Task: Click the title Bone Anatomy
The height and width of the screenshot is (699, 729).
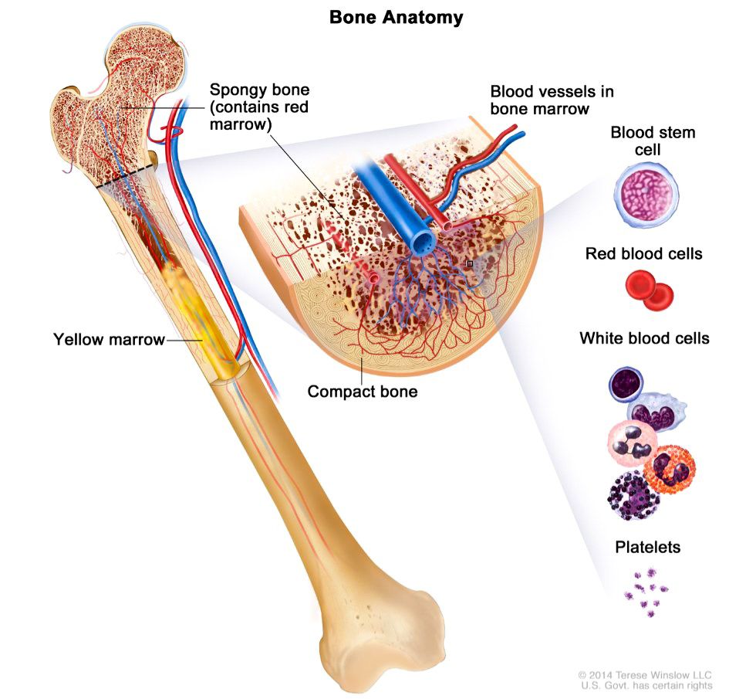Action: (x=396, y=17)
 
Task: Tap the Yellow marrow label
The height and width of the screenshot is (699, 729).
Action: (x=109, y=339)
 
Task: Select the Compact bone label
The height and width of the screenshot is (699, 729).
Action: (x=362, y=392)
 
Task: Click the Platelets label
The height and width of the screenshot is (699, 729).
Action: (x=648, y=547)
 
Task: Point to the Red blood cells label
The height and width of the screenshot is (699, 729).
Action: (x=643, y=253)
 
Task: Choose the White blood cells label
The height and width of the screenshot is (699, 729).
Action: (x=644, y=338)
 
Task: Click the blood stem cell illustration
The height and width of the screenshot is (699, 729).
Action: (x=646, y=195)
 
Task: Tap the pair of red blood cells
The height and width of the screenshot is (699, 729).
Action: (x=649, y=290)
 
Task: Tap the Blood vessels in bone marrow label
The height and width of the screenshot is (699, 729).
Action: (x=552, y=100)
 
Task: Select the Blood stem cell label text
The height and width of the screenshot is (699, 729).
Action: (x=653, y=141)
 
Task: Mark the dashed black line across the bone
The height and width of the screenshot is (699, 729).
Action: (x=126, y=176)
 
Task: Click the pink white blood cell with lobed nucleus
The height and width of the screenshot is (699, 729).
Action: (x=631, y=443)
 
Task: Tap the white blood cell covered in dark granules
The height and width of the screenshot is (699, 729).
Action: (x=633, y=495)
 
